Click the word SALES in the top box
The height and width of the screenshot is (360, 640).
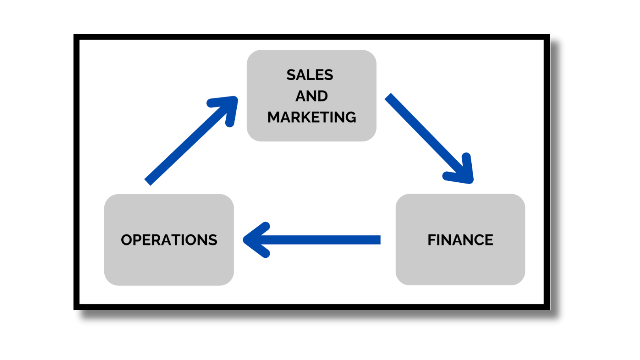click(310, 75)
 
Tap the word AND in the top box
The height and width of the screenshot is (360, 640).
click(312, 96)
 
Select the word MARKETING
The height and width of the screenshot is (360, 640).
click(312, 117)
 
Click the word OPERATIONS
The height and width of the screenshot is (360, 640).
click(169, 240)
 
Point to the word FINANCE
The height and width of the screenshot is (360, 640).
click(460, 240)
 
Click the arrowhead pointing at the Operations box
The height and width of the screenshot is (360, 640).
click(255, 240)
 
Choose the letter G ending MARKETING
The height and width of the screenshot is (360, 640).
click(350, 117)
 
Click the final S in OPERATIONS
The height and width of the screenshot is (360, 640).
click(213, 240)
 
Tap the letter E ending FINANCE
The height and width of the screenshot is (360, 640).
click(489, 240)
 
